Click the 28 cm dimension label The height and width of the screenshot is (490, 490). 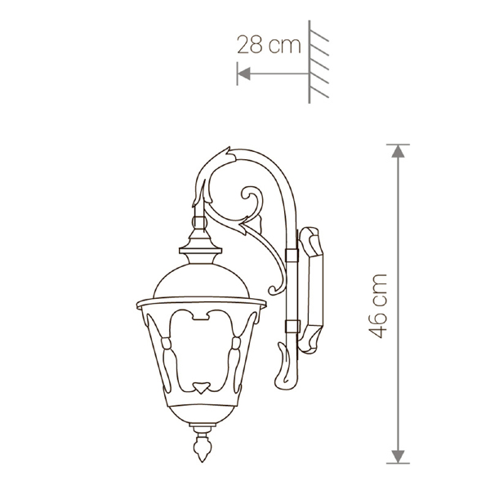click(x=269, y=45)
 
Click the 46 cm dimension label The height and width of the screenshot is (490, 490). click(x=378, y=306)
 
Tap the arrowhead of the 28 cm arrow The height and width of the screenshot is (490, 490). click(x=244, y=73)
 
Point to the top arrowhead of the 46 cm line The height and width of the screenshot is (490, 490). click(x=398, y=151)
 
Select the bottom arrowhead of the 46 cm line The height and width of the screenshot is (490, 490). click(x=398, y=457)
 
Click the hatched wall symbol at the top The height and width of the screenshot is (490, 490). click(x=318, y=62)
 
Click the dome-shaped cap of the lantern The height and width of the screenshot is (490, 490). click(x=202, y=280)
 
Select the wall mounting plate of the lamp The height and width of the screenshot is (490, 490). click(x=310, y=290)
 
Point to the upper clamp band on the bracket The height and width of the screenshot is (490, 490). click(x=292, y=255)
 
